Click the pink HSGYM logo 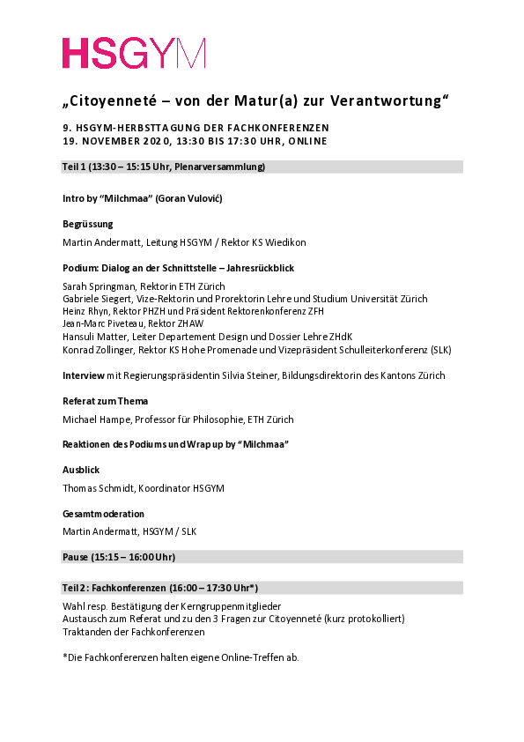point(133,53)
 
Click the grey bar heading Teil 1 point(262,167)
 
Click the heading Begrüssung point(88,224)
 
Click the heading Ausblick point(80,470)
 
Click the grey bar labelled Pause point(262,556)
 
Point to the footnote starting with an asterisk point(181,657)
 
